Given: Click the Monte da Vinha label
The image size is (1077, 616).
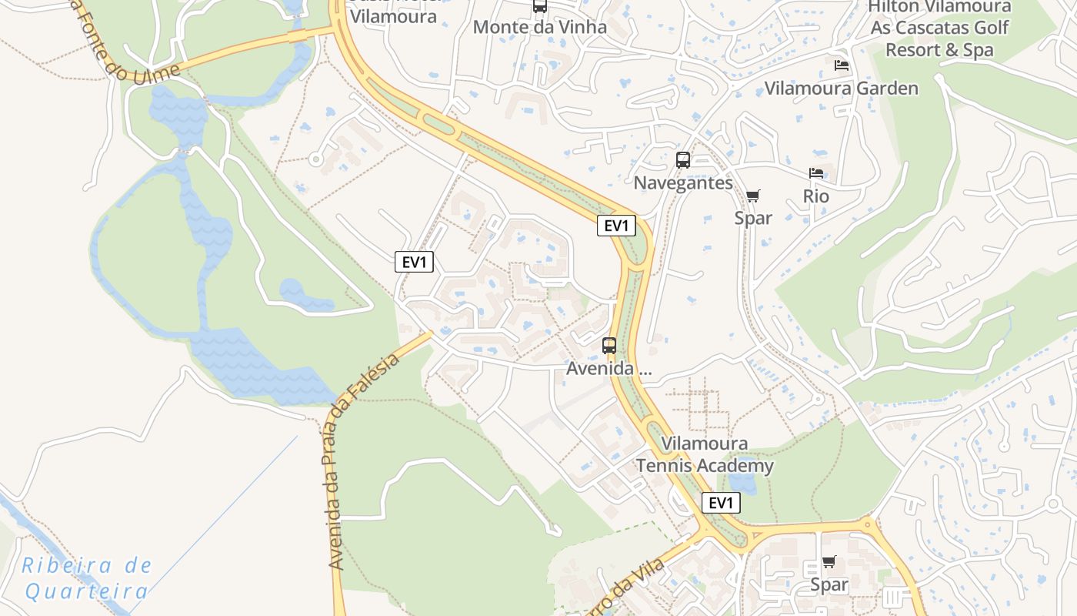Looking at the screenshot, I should click(x=539, y=27).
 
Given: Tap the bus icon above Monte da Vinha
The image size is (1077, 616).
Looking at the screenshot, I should click(x=540, y=6).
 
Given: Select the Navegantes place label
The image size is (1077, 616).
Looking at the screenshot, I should click(x=683, y=183).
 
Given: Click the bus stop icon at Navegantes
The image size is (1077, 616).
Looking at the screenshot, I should click(x=683, y=160).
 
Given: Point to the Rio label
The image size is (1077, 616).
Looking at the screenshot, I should click(x=816, y=196).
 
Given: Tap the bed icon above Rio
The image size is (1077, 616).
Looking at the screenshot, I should click(x=816, y=173).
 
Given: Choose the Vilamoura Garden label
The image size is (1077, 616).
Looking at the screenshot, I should click(x=841, y=89).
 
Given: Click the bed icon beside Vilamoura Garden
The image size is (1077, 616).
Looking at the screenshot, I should click(x=842, y=65).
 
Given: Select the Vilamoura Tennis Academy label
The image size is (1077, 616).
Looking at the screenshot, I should click(x=704, y=455).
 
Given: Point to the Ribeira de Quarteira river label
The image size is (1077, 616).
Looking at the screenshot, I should click(x=86, y=578).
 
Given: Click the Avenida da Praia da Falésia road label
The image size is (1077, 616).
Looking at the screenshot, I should click(x=362, y=462).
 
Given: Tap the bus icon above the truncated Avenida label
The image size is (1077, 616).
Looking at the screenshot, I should click(x=609, y=346).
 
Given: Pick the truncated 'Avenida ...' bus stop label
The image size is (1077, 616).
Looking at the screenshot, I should click(x=609, y=369).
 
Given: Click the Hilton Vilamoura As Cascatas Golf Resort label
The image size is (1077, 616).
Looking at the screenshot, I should click(x=939, y=28).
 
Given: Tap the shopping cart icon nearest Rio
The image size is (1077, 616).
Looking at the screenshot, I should click(x=753, y=196).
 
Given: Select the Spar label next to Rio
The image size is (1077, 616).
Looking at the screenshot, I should click(x=753, y=219).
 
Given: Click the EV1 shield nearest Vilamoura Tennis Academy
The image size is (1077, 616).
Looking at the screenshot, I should click(x=721, y=504).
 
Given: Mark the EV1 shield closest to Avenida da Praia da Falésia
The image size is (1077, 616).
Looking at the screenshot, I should click(x=414, y=262).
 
